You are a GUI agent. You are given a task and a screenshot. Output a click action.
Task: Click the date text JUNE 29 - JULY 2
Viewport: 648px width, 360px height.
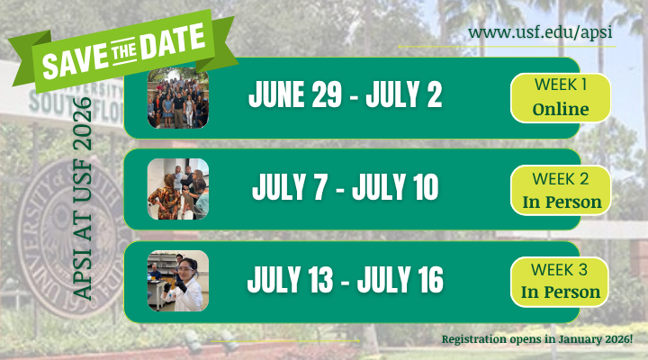[346, 95]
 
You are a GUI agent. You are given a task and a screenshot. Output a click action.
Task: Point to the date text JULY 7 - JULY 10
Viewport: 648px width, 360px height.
[346, 188]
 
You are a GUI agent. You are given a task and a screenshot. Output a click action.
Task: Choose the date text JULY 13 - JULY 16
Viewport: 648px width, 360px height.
[346, 280]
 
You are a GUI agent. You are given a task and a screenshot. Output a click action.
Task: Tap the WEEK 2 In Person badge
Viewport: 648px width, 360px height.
[562, 188]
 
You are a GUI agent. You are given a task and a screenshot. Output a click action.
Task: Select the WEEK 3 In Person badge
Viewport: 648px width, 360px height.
[562, 280]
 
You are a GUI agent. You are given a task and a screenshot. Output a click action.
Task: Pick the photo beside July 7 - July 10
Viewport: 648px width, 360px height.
[178, 189]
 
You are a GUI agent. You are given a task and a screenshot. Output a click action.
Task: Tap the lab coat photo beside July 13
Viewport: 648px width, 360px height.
[178, 281]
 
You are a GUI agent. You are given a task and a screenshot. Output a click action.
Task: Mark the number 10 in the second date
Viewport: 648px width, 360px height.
[419, 188]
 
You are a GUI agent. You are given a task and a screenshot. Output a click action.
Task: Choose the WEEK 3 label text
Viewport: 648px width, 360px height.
[562, 269]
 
